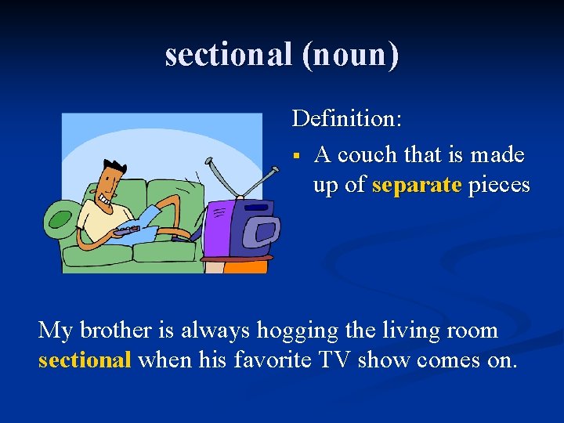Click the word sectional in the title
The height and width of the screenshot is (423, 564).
pos(226,55)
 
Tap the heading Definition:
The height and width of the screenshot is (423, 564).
pos(347,119)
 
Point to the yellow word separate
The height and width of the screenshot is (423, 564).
pos(417,186)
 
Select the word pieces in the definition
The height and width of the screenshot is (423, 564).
pos(499,186)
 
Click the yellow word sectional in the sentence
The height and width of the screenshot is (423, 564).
pos(85,361)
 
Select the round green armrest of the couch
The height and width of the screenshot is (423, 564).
pos(58,215)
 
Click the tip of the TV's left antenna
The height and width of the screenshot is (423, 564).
pos(208,160)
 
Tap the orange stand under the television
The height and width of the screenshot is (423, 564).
pos(246,266)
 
